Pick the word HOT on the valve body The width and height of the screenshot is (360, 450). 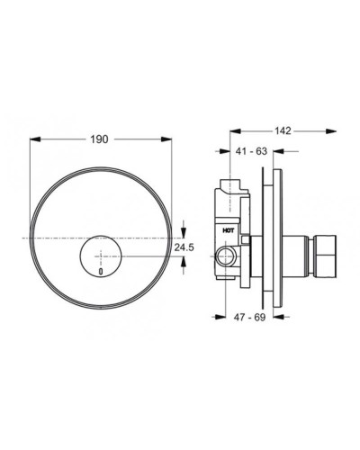[x=229, y=229]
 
